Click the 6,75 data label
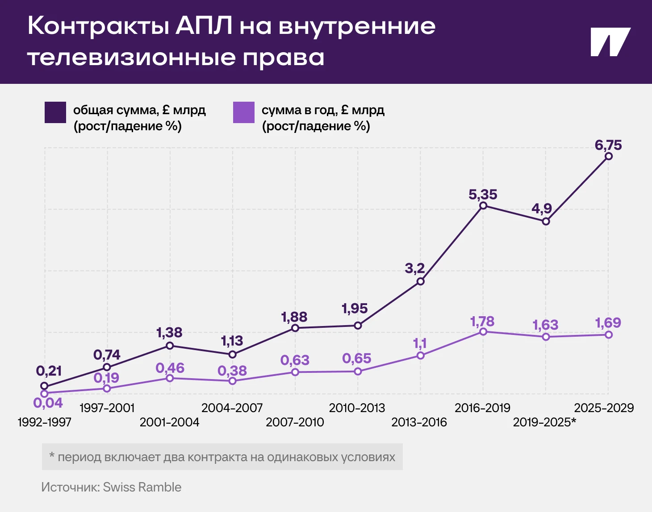tap(608, 145)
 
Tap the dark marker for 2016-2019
tap(483, 206)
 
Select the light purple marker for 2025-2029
tap(608, 334)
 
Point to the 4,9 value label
tap(542, 208)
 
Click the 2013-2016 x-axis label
tap(419, 422)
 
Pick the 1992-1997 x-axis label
tap(44, 422)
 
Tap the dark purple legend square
tap(55, 112)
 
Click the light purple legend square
tap(244, 112)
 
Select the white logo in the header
tap(610, 42)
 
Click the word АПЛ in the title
tap(204, 26)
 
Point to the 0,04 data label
tap(48, 403)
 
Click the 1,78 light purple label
tap(482, 322)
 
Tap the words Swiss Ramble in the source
tap(142, 487)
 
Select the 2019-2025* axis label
tap(544, 422)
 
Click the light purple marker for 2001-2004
tap(170, 378)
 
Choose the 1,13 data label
tap(232, 341)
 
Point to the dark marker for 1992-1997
tap(44, 386)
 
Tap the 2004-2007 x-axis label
tap(232, 408)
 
